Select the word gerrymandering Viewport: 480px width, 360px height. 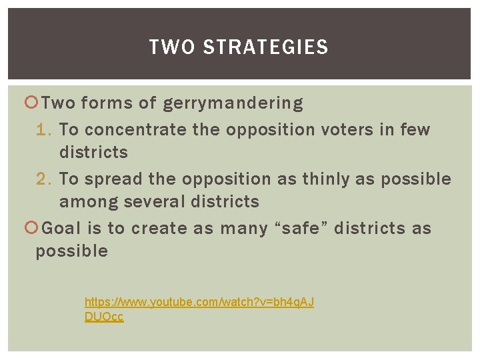(x=233, y=104)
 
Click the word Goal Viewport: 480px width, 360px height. (x=62, y=228)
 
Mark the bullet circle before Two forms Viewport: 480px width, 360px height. (x=31, y=103)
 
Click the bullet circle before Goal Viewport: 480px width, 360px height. (x=31, y=228)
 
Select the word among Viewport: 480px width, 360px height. (x=83, y=201)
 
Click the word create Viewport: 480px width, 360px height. (x=158, y=228)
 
